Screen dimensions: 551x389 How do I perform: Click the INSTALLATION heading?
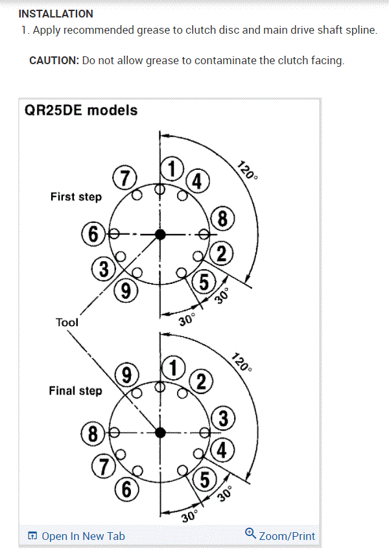[56, 14]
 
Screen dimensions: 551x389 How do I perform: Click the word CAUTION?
[54, 60]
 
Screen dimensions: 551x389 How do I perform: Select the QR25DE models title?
[81, 110]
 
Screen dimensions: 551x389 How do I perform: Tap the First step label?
[76, 196]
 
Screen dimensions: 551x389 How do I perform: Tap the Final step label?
[75, 391]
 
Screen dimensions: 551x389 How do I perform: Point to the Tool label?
[67, 322]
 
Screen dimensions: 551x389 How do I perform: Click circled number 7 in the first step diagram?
[124, 178]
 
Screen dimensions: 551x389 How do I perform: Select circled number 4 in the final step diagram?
[222, 449]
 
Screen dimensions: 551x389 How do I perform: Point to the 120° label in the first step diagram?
[245, 170]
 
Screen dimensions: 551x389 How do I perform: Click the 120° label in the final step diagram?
[241, 363]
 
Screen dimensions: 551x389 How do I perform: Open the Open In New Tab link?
[77, 536]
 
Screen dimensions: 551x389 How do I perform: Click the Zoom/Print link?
[280, 535]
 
